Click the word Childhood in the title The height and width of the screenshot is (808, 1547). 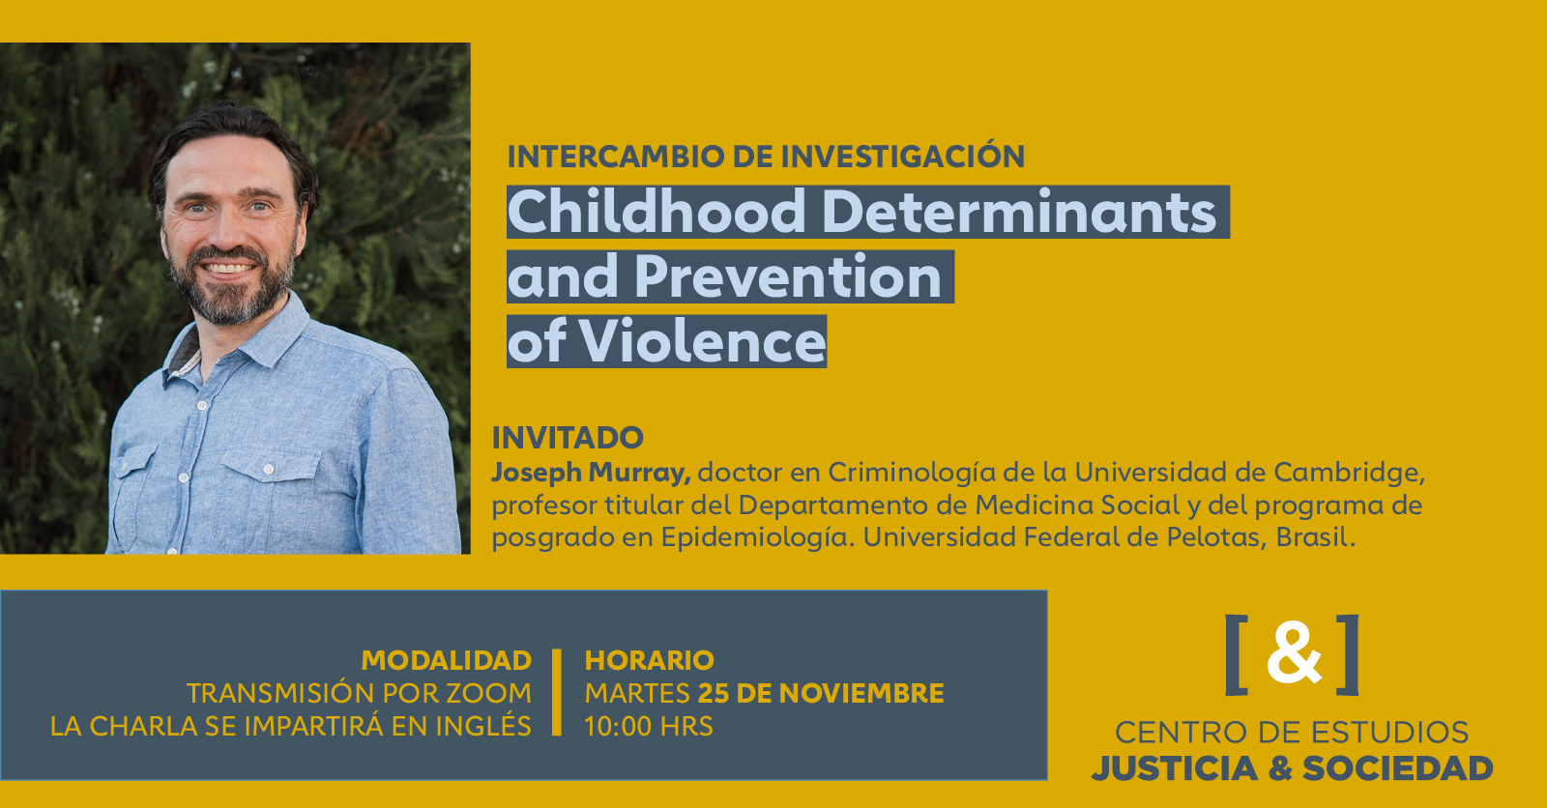click(x=657, y=212)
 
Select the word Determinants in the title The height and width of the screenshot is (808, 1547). click(x=1019, y=212)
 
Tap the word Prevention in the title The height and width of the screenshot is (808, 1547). click(x=788, y=277)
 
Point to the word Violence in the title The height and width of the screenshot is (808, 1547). click(x=703, y=341)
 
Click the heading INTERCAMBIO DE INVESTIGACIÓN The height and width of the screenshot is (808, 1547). click(x=766, y=157)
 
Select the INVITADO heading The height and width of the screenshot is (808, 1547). click(x=568, y=438)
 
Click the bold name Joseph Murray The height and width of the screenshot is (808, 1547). click(x=591, y=473)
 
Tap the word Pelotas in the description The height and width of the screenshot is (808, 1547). click(x=1214, y=537)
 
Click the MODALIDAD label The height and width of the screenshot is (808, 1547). click(x=446, y=660)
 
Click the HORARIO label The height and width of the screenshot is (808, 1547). click(x=649, y=660)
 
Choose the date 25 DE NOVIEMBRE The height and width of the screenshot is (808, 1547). click(x=821, y=693)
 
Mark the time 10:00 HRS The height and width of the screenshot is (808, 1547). click(x=649, y=726)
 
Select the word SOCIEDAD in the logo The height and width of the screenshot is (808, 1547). click(x=1397, y=768)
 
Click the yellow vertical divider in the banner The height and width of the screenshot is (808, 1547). click(x=557, y=692)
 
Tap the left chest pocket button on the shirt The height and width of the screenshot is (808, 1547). click(x=270, y=470)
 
